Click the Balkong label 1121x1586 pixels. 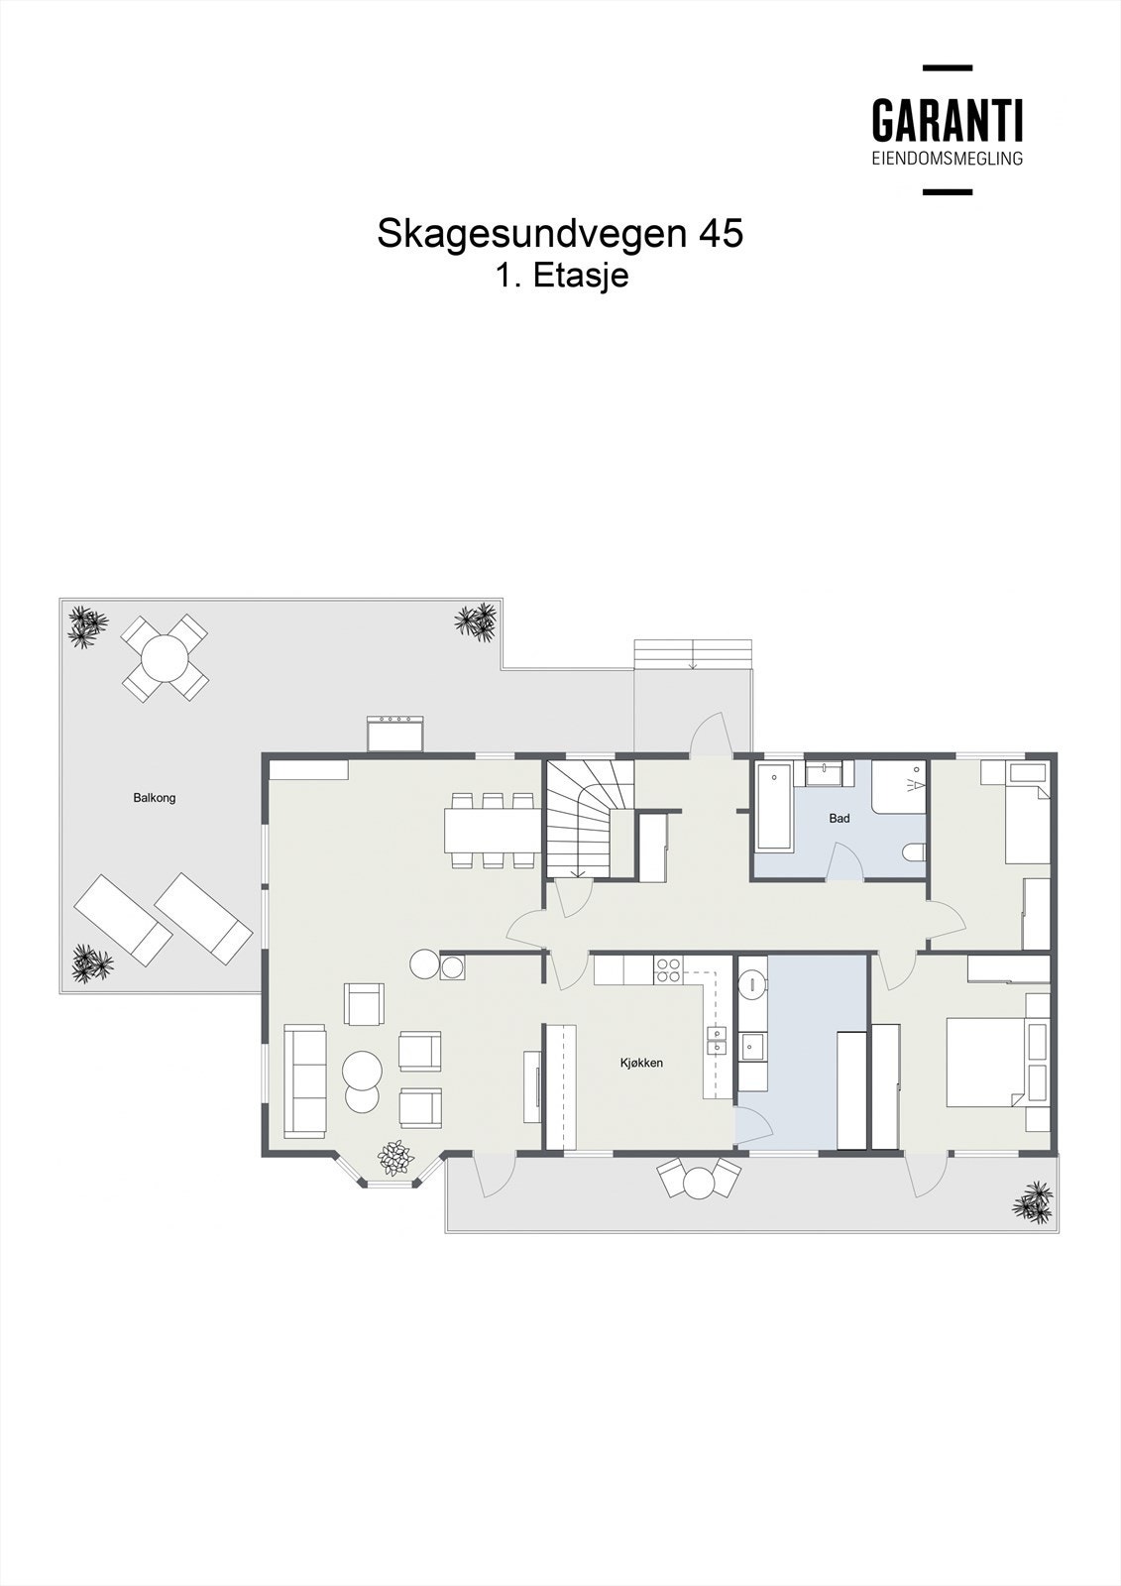(155, 798)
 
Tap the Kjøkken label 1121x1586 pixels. (641, 1064)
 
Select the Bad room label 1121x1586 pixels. (840, 819)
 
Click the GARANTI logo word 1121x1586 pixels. (947, 121)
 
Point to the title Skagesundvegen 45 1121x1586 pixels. (560, 234)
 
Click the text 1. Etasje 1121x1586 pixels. (562, 277)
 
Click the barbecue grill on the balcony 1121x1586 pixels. (395, 735)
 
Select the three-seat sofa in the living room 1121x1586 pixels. (304, 1080)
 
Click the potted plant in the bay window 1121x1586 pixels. (395, 1159)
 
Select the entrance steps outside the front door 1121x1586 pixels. (693, 654)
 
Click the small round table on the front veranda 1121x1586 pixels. (700, 1183)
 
